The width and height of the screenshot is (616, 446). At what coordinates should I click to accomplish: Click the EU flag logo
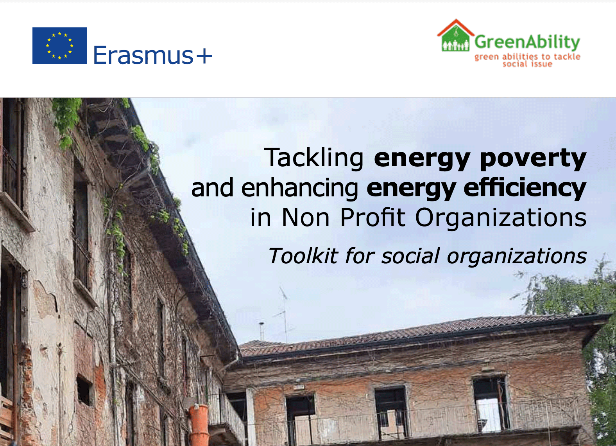pos(59,45)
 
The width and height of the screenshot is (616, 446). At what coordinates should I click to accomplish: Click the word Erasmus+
pos(153,55)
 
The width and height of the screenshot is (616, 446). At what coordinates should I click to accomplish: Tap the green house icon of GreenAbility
pos(456,35)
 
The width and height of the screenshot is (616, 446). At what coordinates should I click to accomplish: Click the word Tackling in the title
pos(314,158)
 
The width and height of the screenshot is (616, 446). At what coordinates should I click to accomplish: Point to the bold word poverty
pos(533,158)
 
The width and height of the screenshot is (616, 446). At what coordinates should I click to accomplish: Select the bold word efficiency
pos(525,188)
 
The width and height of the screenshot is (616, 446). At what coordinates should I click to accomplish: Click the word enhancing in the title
pos(300,188)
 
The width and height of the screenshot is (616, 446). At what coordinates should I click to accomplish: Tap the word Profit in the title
pos(373,217)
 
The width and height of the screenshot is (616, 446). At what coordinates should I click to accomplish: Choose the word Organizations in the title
pos(501,218)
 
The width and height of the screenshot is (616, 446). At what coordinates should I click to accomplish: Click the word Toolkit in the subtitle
pos(303,256)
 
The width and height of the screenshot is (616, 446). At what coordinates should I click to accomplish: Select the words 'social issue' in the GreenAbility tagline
pos(527,64)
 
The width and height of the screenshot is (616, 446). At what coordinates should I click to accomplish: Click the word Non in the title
pos(306,218)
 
